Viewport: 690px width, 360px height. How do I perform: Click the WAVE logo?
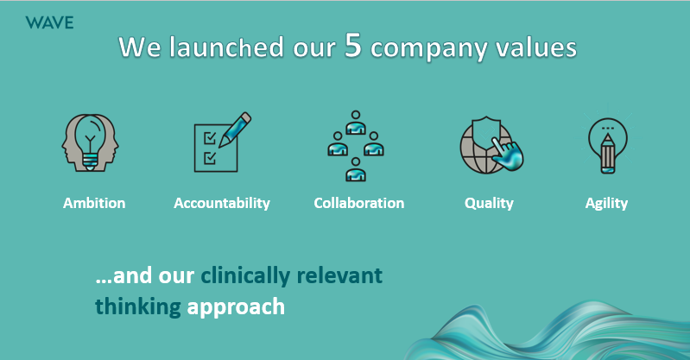click(x=49, y=22)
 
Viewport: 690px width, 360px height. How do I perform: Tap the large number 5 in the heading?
click(x=353, y=45)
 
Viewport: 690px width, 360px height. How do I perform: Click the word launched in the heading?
click(x=226, y=47)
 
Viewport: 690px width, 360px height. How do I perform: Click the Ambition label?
click(x=94, y=203)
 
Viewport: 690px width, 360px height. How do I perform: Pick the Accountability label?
click(x=222, y=203)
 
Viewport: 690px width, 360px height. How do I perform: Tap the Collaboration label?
click(x=359, y=203)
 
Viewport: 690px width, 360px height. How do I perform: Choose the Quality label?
click(x=489, y=204)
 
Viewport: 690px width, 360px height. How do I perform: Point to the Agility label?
click(x=606, y=204)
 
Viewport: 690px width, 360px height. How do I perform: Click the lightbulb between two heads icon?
click(x=90, y=142)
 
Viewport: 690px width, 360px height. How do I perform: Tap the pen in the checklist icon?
click(x=235, y=129)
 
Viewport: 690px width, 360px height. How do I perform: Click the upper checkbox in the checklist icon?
click(x=210, y=138)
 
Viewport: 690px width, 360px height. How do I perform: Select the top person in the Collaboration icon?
click(x=356, y=123)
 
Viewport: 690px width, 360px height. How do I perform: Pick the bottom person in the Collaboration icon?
click(x=356, y=170)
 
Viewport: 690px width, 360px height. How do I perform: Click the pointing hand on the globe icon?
click(x=507, y=153)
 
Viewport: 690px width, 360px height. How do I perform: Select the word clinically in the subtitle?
click(x=245, y=276)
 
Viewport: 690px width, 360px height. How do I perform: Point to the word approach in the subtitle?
click(x=236, y=307)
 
